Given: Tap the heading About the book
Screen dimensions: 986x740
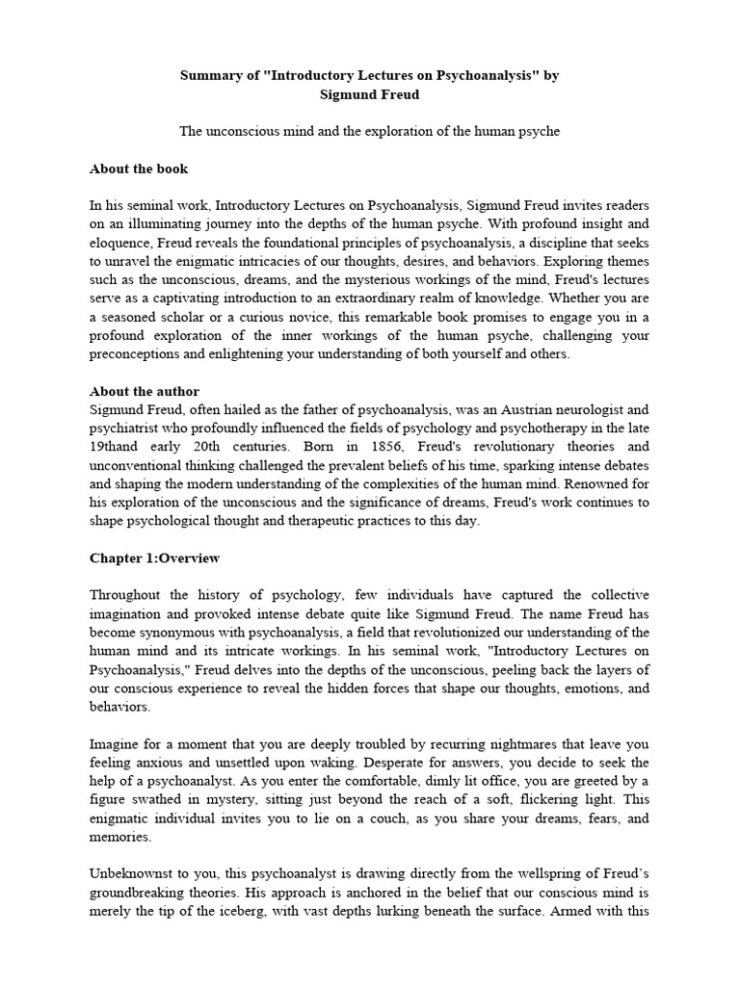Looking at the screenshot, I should [139, 169].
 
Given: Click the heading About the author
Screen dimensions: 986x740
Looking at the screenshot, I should [145, 391].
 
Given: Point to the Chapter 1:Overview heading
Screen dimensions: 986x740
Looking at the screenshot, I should [154, 558].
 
